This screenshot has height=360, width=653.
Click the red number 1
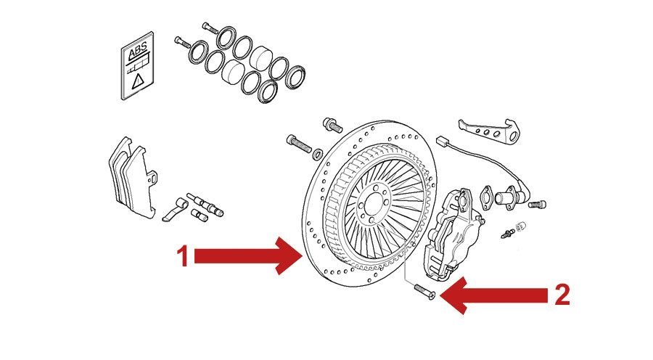[x=184, y=256]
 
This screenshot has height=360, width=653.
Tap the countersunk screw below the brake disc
[x=423, y=291]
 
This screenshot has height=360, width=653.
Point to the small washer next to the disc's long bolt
[x=318, y=155]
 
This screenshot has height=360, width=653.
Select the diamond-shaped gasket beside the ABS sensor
[x=490, y=197]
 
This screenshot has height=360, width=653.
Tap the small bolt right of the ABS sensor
[x=538, y=205]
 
